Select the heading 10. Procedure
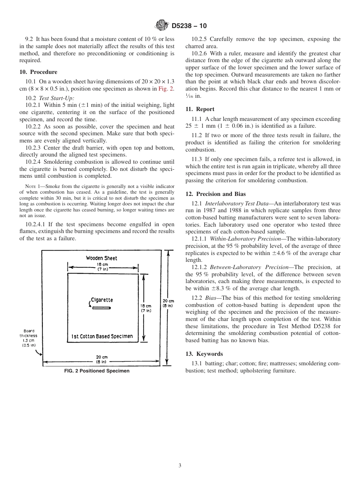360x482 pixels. pyautogui.click(x=38, y=72)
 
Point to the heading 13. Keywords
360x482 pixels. pyautogui.click(x=204, y=354)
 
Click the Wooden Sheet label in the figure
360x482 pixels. pyautogui.click(x=101, y=258)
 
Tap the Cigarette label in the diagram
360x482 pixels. pyautogui.click(x=102, y=300)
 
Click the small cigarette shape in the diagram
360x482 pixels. pyautogui.click(x=101, y=308)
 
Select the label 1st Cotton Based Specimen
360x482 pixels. pyautogui.click(x=102, y=336)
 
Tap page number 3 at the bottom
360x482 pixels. pyautogui.click(x=180, y=466)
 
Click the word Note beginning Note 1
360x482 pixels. pyautogui.click(x=30, y=186)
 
